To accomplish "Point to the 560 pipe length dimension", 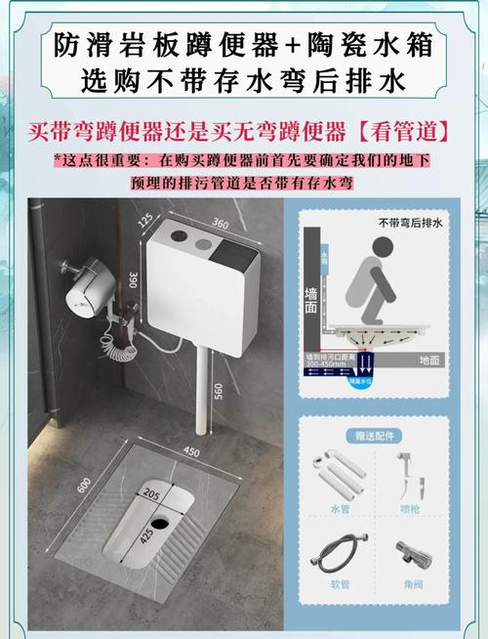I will click(220, 390).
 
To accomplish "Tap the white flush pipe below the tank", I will click(203, 391).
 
